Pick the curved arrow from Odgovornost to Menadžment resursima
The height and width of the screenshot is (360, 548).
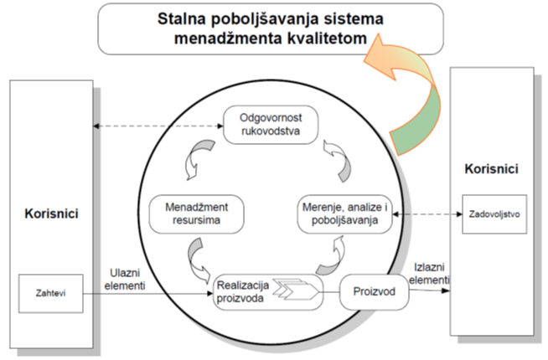click(197, 159)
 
